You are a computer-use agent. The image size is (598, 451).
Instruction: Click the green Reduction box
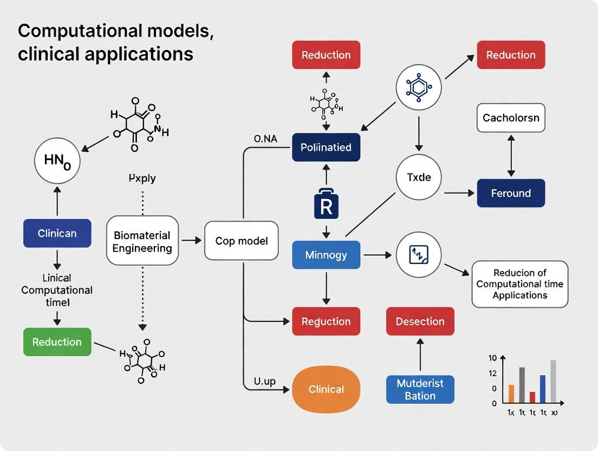pos(57,342)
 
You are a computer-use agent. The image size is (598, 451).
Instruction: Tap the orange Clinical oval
pos(326,389)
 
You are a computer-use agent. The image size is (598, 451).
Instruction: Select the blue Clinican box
pos(57,234)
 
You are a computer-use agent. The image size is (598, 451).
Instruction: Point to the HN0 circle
pos(57,160)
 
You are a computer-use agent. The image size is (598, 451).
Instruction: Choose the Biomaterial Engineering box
pos(142,241)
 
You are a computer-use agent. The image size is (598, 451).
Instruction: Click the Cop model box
pos(242,241)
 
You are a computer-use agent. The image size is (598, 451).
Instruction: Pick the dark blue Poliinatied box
pos(326,147)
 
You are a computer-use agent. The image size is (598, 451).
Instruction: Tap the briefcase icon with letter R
pos(326,204)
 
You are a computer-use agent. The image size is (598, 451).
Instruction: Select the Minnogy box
pos(326,255)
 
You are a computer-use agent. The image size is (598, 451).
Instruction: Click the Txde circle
pos(418,177)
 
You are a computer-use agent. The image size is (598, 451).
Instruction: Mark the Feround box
pos(511,193)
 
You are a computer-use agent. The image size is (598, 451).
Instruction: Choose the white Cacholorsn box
pos(511,118)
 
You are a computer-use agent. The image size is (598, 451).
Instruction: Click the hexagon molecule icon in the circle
pos(418,86)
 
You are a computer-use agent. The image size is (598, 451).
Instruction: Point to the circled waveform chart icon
pos(418,255)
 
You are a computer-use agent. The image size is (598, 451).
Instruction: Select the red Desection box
pos(420,321)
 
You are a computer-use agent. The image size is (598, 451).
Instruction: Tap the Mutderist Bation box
pos(420,389)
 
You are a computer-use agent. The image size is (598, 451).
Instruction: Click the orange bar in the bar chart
pos(511,394)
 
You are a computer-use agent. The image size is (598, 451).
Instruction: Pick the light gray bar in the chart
pos(553,382)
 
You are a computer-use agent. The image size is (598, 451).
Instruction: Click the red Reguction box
pos(326,321)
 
